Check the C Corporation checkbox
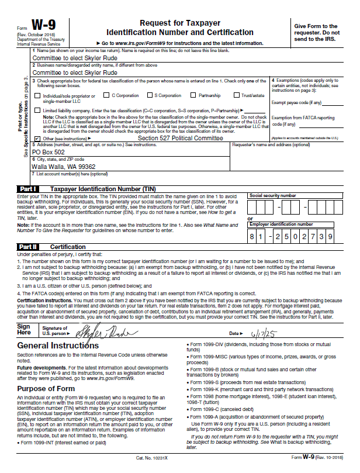pyautogui.click(x=106, y=95)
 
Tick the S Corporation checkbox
pyautogui.click(x=150, y=95)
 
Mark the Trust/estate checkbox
pyautogui.click(x=237, y=95)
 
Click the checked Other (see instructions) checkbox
pyautogui.click(x=37, y=138)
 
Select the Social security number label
pyautogui.click(x=272, y=195)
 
